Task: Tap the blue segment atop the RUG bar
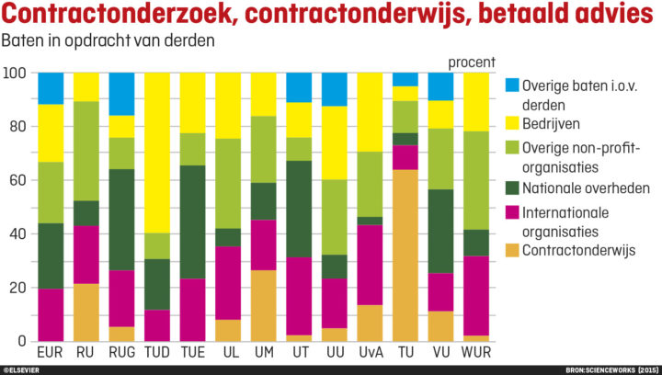(x=122, y=93)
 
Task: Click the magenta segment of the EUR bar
(x=51, y=314)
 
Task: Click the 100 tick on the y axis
(x=14, y=73)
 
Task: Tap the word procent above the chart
(x=472, y=62)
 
